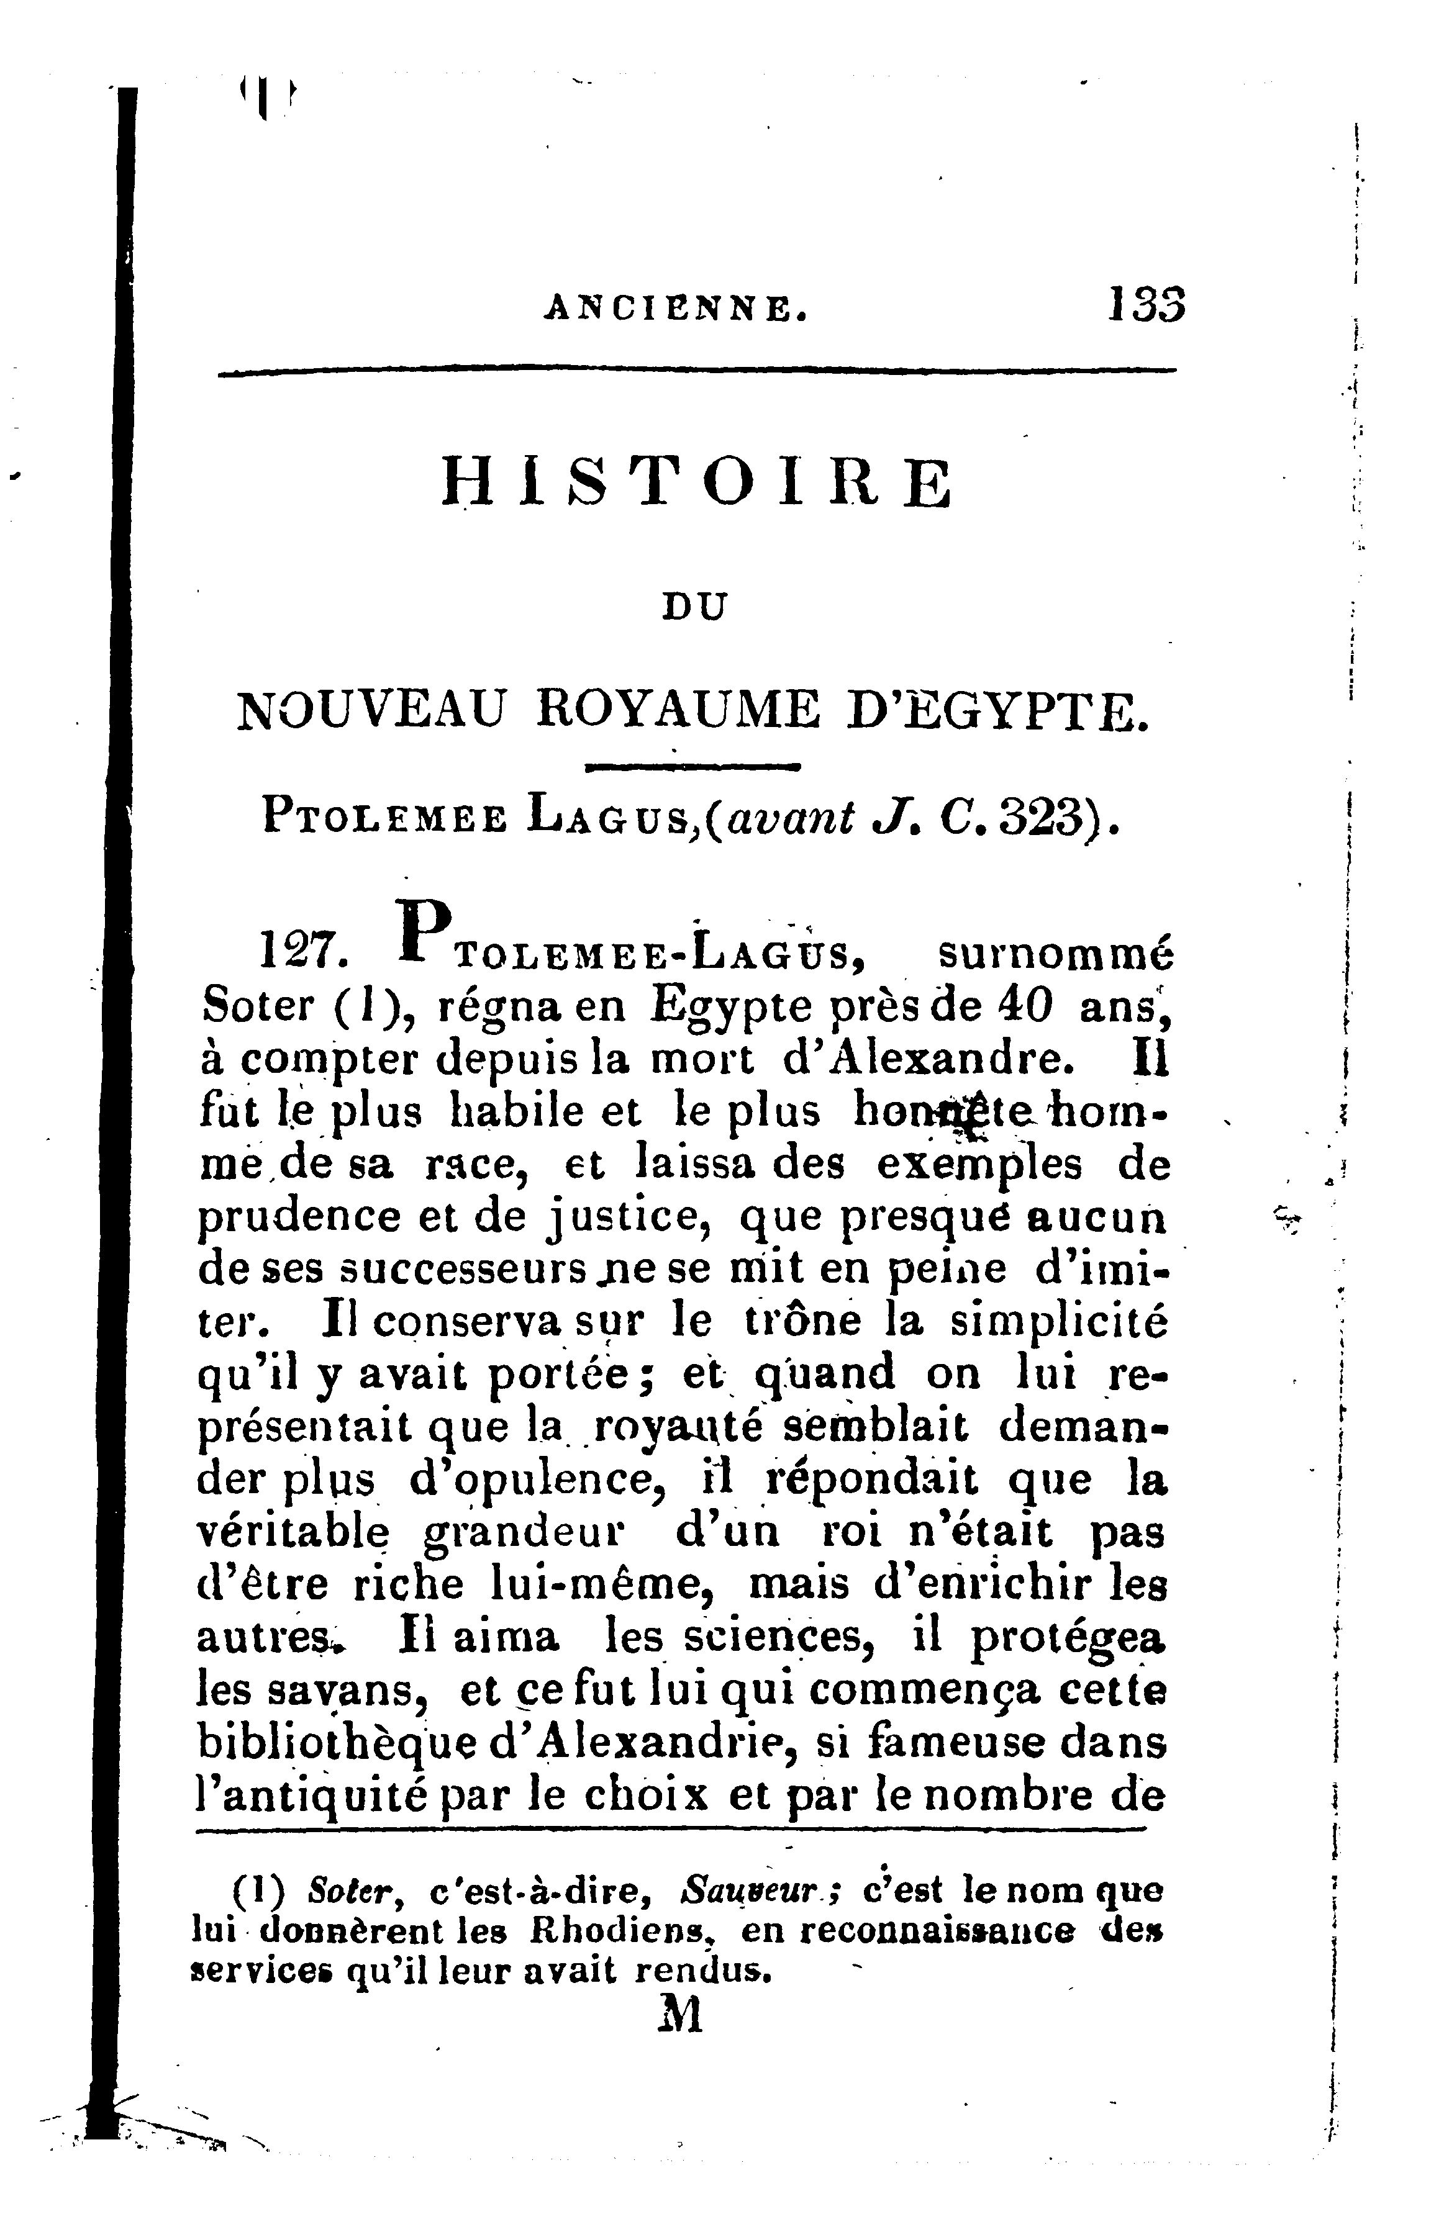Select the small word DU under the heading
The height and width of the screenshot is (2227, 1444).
694,609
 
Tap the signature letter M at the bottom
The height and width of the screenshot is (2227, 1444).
680,2015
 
